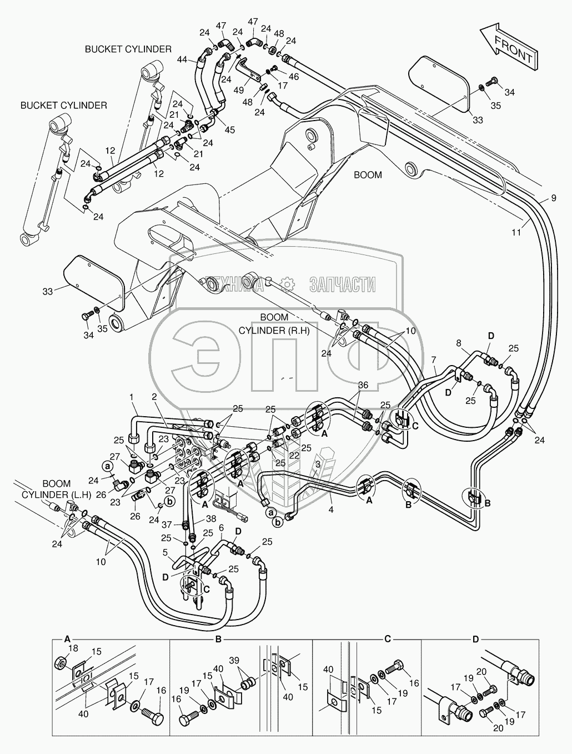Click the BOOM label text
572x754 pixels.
tap(368, 175)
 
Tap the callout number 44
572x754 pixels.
tap(182, 59)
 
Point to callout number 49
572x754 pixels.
tap(239, 90)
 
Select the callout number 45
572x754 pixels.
tap(230, 130)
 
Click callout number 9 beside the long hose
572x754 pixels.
tap(553, 198)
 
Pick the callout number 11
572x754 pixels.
tap(516, 233)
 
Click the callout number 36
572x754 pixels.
tap(363, 385)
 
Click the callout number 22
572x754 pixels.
tap(294, 456)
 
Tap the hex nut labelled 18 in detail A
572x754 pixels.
tap(61, 663)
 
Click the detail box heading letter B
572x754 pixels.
tap(219, 640)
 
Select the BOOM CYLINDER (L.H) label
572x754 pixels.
tap(56, 489)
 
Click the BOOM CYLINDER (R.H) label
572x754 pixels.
tap(274, 323)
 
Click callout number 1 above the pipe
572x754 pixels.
tap(131, 397)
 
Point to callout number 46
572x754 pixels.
tap(294, 76)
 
